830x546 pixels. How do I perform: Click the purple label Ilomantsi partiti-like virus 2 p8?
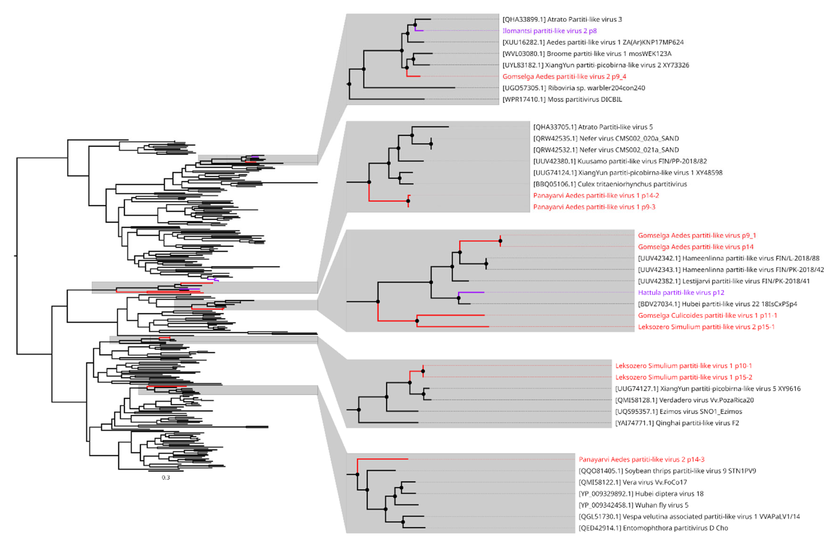click(x=549, y=31)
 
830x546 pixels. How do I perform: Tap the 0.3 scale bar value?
click(x=166, y=478)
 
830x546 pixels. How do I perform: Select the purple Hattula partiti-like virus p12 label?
click(x=681, y=292)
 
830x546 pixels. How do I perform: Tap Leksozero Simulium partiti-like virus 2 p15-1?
click(x=706, y=327)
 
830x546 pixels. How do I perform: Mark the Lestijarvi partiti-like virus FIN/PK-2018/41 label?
click(x=724, y=281)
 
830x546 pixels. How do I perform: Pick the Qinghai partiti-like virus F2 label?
click(x=677, y=423)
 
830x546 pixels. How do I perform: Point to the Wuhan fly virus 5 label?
click(x=633, y=505)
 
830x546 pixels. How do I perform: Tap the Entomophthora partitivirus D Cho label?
click(x=653, y=528)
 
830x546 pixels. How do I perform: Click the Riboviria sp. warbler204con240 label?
click(x=574, y=88)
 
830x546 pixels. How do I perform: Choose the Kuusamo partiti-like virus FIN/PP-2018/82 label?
click(x=620, y=161)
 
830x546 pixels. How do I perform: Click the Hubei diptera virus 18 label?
click(x=641, y=494)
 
